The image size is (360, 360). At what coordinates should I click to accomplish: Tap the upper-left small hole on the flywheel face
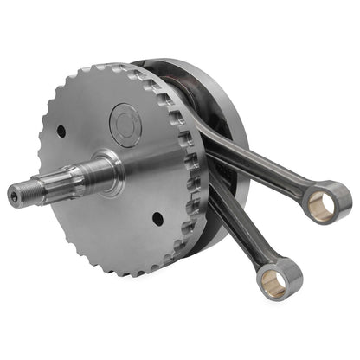(61, 132)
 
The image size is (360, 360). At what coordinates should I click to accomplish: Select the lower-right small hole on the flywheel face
(157, 218)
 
